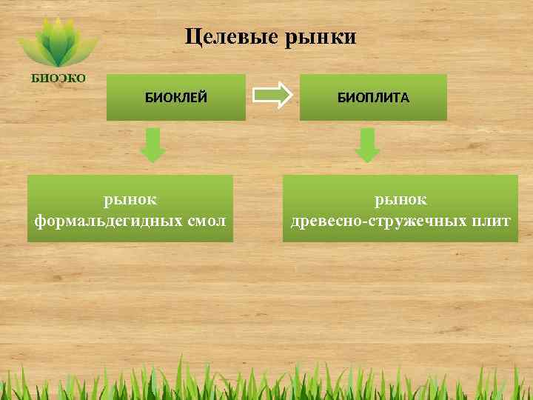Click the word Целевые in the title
[229, 36]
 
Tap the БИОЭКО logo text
[57, 77]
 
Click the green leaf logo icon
[57, 43]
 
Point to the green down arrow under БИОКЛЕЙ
[153, 145]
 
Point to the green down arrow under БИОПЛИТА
[367, 145]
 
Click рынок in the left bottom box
[130, 199]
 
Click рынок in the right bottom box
[400, 199]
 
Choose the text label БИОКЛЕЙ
[175, 97]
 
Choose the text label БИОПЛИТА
[373, 97]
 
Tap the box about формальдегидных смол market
[130, 209]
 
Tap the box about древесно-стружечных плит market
[400, 209]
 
